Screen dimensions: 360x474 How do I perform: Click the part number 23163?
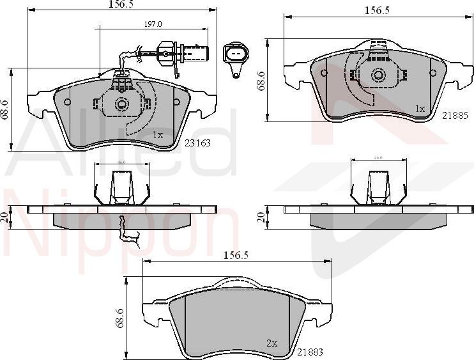pos(198,143)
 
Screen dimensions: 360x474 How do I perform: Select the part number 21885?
pos(455,116)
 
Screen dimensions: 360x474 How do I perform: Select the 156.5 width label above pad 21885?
pos(377,10)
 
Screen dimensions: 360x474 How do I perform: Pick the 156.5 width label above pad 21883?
pos(237,254)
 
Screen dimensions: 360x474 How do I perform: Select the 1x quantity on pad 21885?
pos(420,109)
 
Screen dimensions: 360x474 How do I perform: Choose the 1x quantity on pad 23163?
pos(158,135)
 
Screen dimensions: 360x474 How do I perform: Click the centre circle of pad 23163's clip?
pos(121,104)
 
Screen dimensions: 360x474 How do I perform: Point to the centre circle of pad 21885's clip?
pos(378,75)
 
